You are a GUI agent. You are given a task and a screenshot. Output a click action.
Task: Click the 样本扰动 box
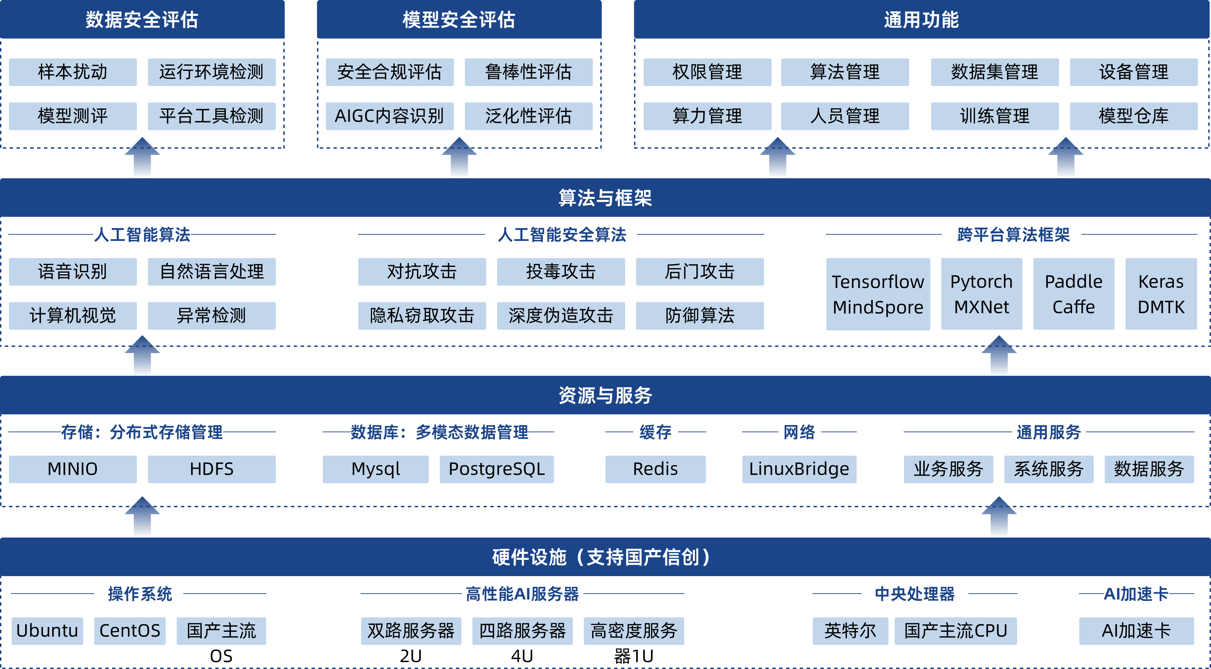click(x=73, y=72)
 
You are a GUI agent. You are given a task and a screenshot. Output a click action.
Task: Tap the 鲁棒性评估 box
click(x=528, y=72)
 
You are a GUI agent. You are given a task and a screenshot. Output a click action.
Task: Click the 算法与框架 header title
click(x=605, y=198)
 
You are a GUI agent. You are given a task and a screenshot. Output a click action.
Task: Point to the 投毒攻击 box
click(x=561, y=272)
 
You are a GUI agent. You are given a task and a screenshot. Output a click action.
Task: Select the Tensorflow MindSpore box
click(x=878, y=294)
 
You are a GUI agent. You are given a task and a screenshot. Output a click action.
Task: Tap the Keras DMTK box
click(x=1161, y=294)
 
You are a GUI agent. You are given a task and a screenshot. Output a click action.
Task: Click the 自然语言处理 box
click(x=211, y=272)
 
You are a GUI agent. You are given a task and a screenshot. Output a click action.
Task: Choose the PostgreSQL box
click(x=497, y=469)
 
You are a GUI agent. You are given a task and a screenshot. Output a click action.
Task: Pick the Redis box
click(x=655, y=469)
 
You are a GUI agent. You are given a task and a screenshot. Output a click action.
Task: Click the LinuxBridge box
click(x=799, y=469)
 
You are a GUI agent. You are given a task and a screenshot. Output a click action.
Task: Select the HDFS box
click(x=211, y=469)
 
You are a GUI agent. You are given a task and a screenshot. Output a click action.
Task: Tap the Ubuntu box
click(x=47, y=631)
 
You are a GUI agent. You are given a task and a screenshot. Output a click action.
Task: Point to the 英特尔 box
click(x=850, y=631)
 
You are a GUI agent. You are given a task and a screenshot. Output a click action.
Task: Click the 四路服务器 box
click(x=522, y=631)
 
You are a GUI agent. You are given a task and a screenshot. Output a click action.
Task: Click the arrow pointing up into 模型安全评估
click(x=459, y=157)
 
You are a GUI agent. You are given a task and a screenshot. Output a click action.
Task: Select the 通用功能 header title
click(x=921, y=20)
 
